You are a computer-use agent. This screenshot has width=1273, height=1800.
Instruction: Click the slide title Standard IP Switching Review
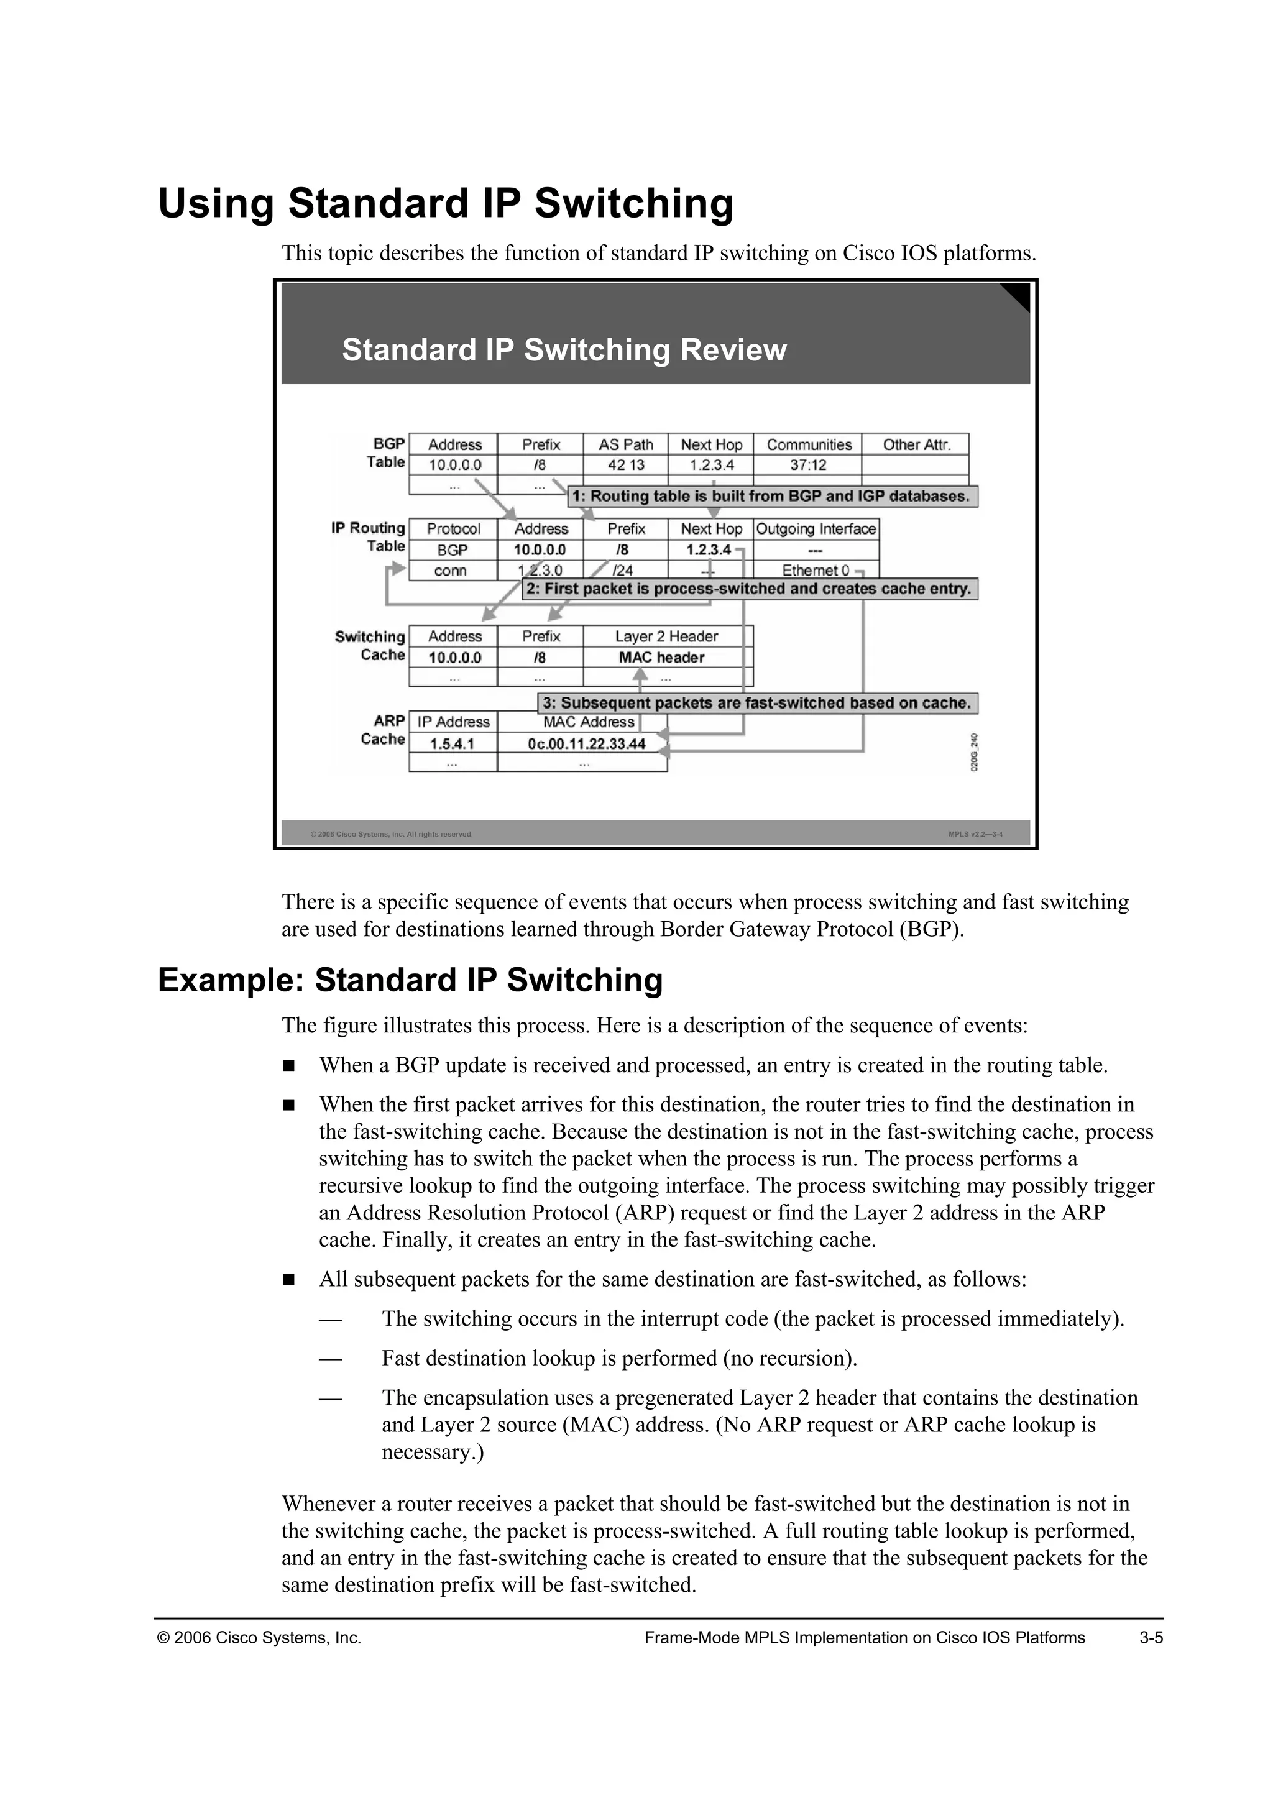click(x=564, y=350)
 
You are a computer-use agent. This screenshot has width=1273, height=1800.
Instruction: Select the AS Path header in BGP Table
click(x=625, y=444)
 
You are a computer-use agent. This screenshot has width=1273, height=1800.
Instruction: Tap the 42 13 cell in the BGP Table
click(x=625, y=465)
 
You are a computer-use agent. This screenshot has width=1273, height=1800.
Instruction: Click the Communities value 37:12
click(x=807, y=465)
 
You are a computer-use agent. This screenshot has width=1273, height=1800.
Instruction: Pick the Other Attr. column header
click(x=916, y=444)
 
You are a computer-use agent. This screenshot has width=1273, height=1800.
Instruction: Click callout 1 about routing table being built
click(x=772, y=496)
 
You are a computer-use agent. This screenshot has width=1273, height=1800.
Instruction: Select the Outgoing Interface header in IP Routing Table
click(x=816, y=529)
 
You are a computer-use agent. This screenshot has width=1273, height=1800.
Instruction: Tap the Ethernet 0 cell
click(x=816, y=571)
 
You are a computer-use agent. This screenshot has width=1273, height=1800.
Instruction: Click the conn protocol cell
click(x=451, y=571)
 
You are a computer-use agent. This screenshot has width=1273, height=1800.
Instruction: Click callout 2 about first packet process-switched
click(x=750, y=589)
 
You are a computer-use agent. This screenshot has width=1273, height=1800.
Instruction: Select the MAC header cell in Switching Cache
click(x=661, y=658)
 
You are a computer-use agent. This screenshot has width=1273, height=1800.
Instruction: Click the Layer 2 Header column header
click(x=666, y=636)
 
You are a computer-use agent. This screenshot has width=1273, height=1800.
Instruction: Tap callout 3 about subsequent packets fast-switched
click(x=757, y=703)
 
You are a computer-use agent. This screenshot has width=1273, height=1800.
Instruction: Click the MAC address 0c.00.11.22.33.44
click(x=586, y=743)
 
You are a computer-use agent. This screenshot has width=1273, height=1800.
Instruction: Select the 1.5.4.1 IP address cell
click(x=453, y=743)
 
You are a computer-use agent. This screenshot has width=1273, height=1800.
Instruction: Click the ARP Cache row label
click(x=384, y=730)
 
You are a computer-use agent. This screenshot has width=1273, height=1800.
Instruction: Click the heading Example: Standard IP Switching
click(x=410, y=981)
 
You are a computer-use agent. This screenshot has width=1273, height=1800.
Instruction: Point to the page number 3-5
click(x=1151, y=1638)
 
